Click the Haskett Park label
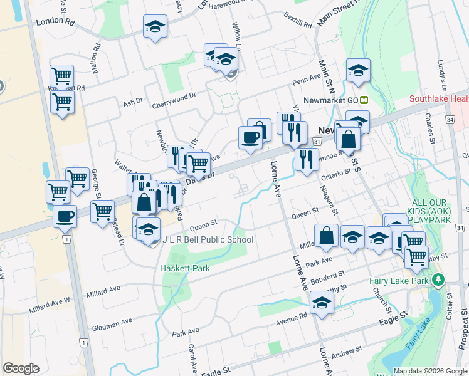coord(184,268)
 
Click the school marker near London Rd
coord(155,27)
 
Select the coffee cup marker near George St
coord(65,217)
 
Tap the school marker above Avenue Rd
coord(322,303)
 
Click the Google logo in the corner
coord(21,368)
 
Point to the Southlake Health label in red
coord(439,99)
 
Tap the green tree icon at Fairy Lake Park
coord(439,280)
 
